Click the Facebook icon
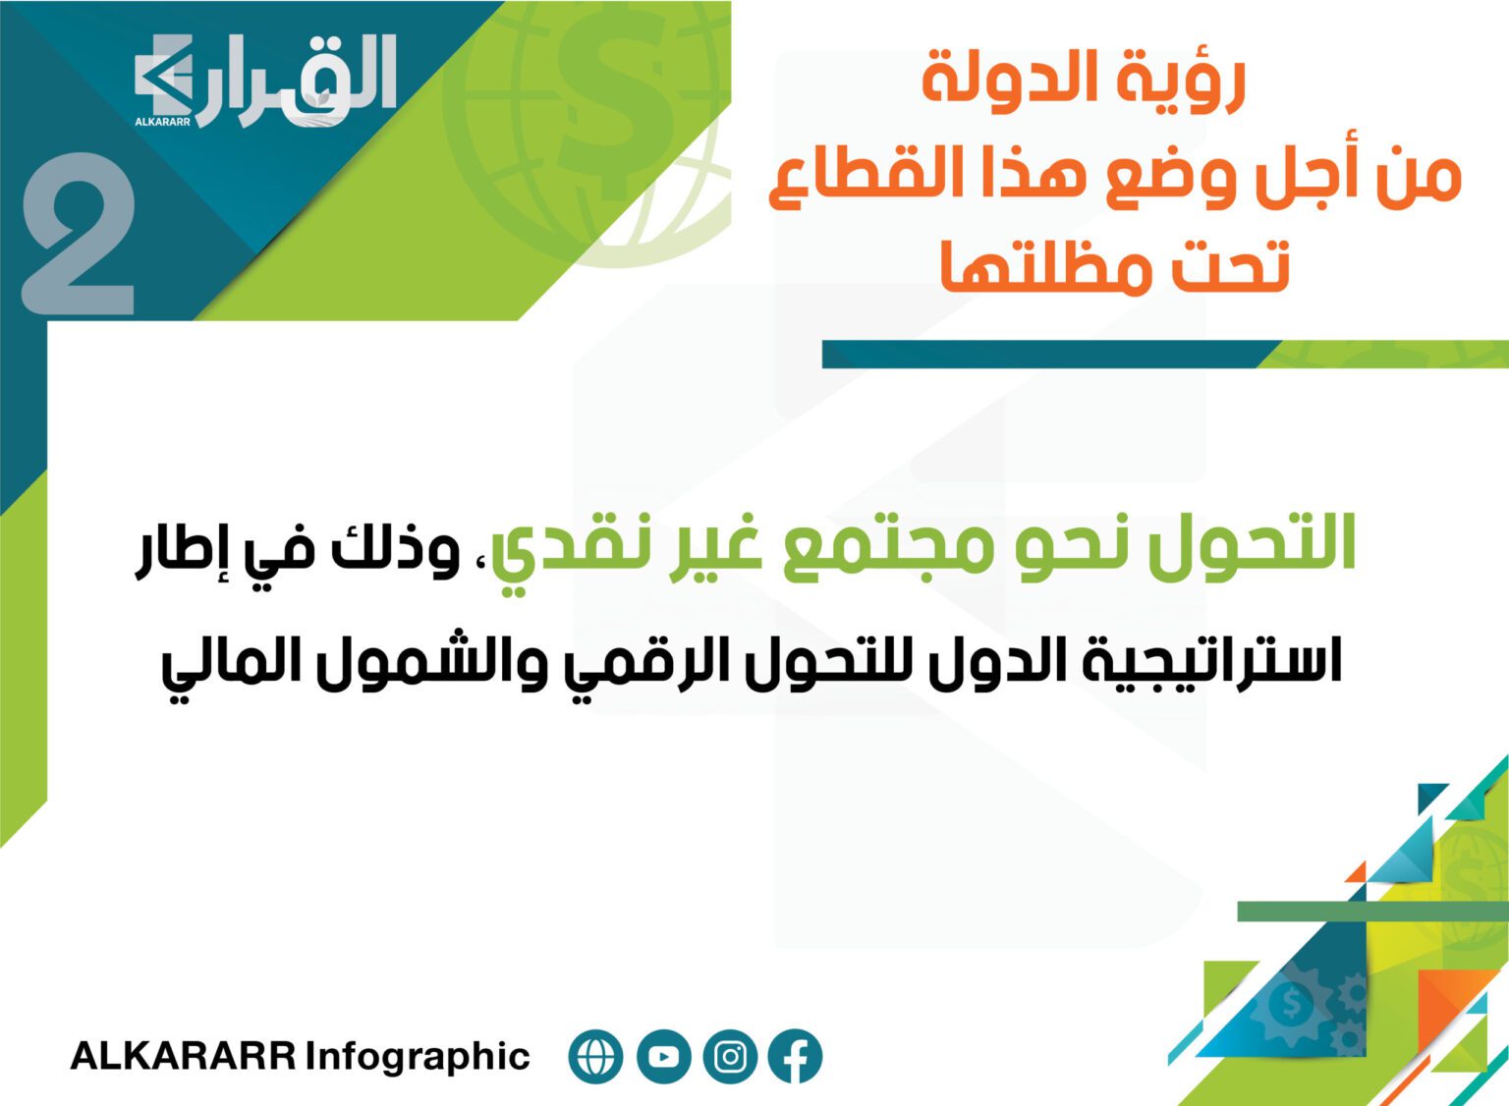point(796,1056)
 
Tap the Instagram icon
point(730,1056)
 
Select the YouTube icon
point(663,1056)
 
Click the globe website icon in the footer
point(595,1056)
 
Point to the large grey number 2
point(79,234)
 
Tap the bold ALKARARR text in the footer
point(184,1056)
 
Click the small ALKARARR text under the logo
point(162,122)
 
